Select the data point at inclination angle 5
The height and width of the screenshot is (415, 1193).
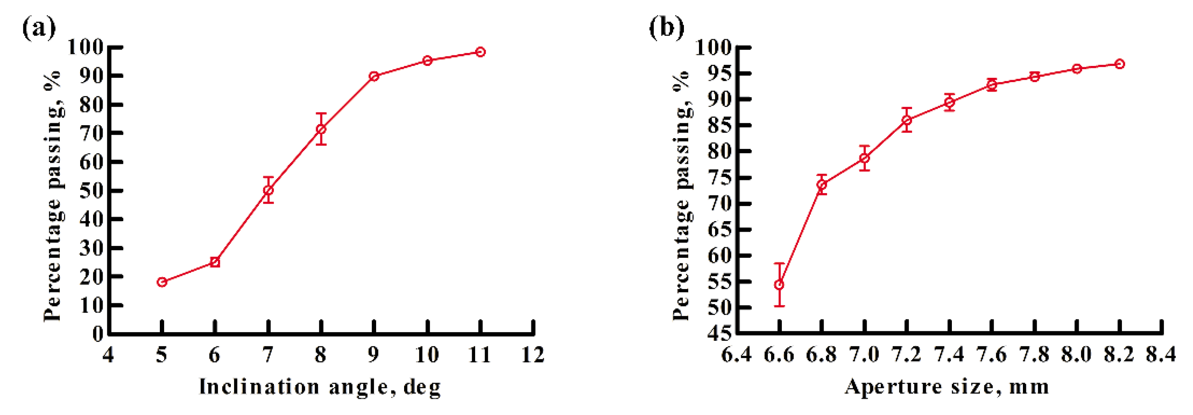pyautogui.click(x=162, y=282)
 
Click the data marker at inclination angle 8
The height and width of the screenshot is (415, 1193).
pyautogui.click(x=321, y=129)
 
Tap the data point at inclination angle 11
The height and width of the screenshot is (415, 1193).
pyautogui.click(x=481, y=52)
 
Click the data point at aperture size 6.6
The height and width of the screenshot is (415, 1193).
pyautogui.click(x=779, y=285)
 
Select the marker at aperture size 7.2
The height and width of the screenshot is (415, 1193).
pyautogui.click(x=907, y=120)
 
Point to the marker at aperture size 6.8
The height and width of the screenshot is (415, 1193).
pyautogui.click(x=822, y=185)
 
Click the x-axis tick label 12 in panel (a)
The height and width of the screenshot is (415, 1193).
pyautogui.click(x=533, y=355)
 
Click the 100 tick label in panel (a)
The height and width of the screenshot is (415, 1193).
pyautogui.click(x=86, y=47)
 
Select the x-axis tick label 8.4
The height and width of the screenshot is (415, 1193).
pyautogui.click(x=1161, y=355)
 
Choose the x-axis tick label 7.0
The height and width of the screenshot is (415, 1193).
pyautogui.click(x=864, y=355)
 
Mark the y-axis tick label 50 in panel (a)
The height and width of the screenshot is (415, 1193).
pyautogui.click(x=92, y=190)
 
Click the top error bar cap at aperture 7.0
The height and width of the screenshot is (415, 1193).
pyautogui.click(x=865, y=146)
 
